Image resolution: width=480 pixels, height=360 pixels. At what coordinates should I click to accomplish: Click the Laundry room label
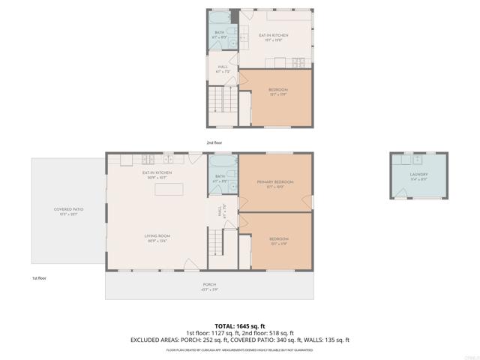click(x=418, y=175)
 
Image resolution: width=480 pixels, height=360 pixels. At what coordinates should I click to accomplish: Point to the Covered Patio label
click(x=67, y=211)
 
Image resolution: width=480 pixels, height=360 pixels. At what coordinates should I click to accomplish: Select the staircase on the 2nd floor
click(x=216, y=99)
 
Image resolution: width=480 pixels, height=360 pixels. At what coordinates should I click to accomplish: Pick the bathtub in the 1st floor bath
click(x=220, y=161)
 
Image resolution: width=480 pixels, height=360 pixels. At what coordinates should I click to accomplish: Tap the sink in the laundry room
click(x=409, y=160)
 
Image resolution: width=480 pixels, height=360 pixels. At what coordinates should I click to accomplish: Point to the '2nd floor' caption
click(x=214, y=142)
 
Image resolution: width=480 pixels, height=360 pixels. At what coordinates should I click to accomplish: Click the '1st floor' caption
click(x=40, y=278)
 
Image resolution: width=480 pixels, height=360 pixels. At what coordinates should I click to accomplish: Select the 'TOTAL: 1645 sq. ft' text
click(x=240, y=325)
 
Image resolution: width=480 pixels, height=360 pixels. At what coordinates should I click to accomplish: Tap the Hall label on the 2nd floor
click(x=223, y=69)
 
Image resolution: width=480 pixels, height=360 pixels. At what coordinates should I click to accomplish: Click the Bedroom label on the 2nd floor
click(x=278, y=91)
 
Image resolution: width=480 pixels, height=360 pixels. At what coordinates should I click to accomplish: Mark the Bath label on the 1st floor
click(x=220, y=178)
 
